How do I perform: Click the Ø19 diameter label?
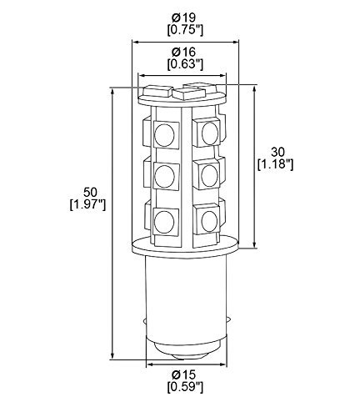point(183,18)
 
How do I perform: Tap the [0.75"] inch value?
point(185,30)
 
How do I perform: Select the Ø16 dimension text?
point(183,52)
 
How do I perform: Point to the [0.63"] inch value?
point(185,64)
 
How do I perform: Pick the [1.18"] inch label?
point(275,164)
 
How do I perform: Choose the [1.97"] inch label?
point(87,205)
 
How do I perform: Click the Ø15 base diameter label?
point(183,374)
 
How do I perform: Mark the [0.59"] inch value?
point(185,387)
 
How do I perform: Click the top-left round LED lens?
point(164,134)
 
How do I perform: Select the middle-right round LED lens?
point(209,175)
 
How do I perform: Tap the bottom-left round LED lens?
point(164,221)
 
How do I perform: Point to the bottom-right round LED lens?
point(208,221)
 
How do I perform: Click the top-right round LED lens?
point(209,133)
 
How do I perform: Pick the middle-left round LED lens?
point(164,176)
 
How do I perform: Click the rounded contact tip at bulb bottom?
point(187,355)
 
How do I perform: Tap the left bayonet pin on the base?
point(144,322)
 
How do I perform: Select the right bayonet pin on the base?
point(229,322)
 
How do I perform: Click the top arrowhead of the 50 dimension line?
point(112,91)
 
